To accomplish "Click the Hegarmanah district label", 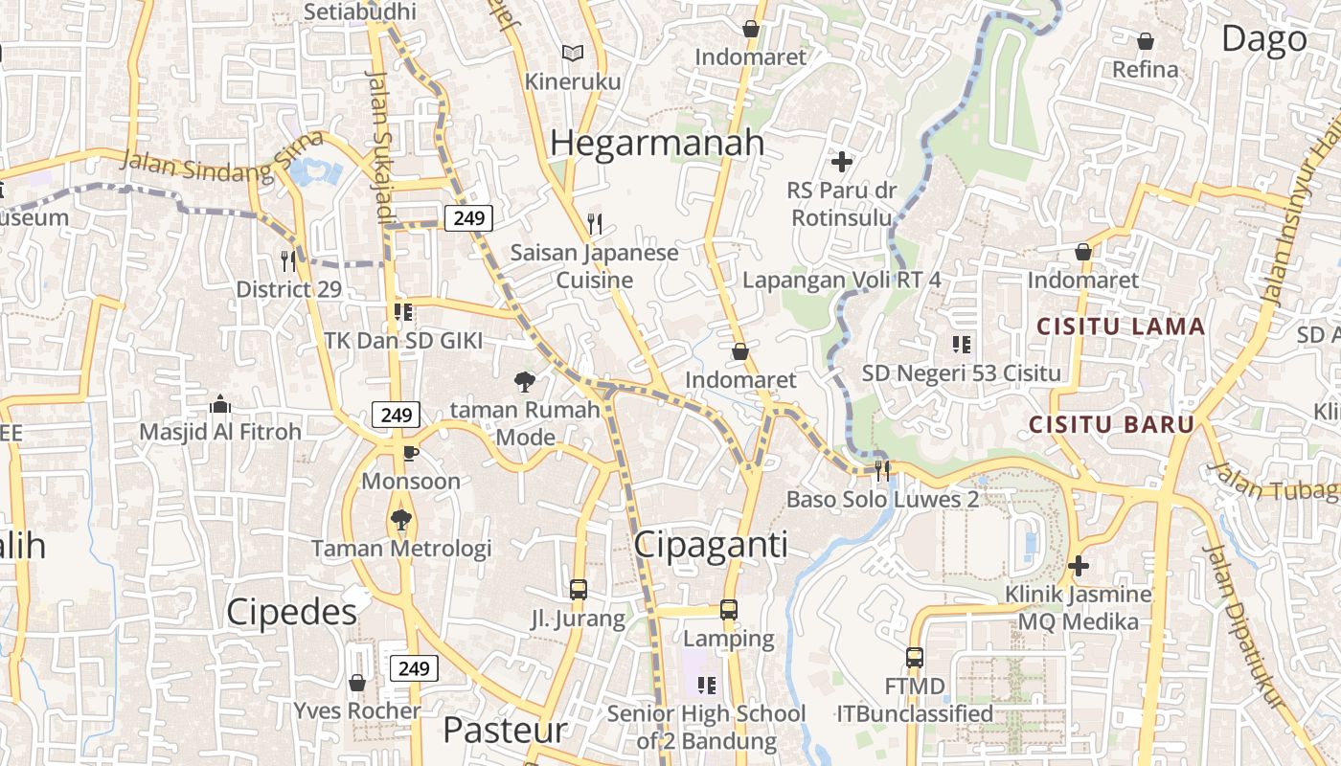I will point(657,143).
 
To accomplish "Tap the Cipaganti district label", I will point(712,545).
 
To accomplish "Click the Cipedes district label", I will point(291,612).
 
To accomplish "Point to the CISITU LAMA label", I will point(1121,327).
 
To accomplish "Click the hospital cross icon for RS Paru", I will point(842,162).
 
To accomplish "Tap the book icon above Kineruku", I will point(573,54).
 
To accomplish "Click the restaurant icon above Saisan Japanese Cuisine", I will point(595,224).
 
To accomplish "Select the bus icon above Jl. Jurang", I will point(579,590).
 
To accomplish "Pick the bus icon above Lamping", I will point(729,610).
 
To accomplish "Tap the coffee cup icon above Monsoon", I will point(410,452).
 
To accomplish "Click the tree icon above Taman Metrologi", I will point(400,520).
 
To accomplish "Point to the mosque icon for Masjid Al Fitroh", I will point(220,404).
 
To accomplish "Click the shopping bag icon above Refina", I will point(1145,41).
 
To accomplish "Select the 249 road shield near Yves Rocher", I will point(414,667).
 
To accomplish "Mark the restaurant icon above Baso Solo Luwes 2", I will point(882,470).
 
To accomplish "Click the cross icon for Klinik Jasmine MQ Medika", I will point(1079,566).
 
